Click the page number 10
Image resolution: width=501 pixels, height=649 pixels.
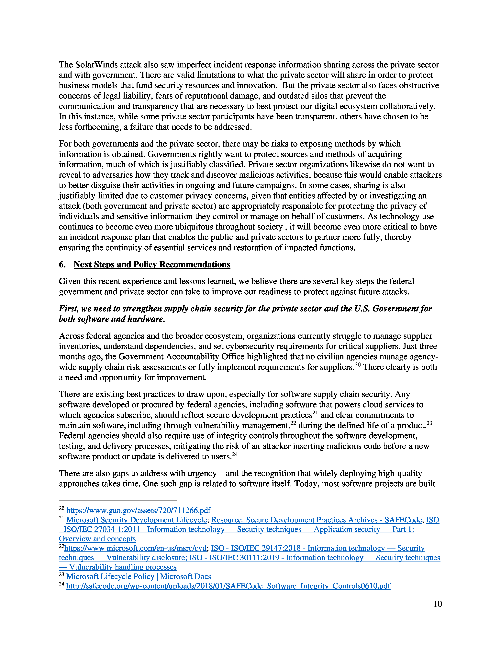coord(437,604)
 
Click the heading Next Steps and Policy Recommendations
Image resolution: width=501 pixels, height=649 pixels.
coord(152,265)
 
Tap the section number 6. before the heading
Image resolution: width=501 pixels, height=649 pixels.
coord(62,265)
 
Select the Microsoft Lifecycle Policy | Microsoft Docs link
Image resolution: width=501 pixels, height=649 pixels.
coord(139,576)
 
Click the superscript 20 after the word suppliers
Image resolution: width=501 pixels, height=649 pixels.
coord(357,365)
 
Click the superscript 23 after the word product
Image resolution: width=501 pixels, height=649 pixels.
coord(429,423)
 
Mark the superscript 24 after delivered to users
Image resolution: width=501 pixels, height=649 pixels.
coord(235,454)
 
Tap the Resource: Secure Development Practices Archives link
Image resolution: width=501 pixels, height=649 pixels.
coord(316,520)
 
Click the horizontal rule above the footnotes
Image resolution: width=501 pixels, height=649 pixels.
coord(118,501)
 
